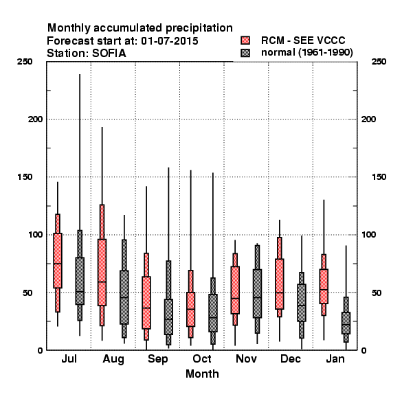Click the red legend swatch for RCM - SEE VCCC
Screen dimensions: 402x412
(245, 41)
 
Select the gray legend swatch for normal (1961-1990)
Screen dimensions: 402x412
(245, 53)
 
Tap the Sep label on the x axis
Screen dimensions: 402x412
(158, 359)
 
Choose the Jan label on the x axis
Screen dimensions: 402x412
(335, 359)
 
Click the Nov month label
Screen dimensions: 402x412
(246, 359)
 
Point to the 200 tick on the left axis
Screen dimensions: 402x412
(35, 119)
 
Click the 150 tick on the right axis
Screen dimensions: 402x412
(379, 177)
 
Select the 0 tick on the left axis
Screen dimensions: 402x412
(40, 350)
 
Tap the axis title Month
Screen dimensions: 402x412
(202, 374)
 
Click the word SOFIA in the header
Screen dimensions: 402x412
(109, 54)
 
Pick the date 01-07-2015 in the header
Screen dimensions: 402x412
(170, 41)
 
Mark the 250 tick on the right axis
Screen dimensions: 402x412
(379, 62)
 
